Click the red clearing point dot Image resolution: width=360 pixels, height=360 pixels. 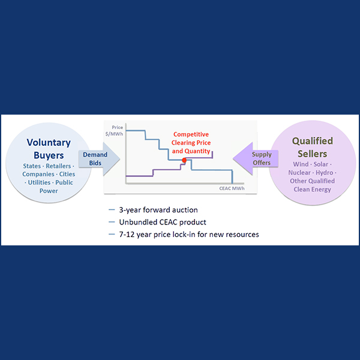(184, 160)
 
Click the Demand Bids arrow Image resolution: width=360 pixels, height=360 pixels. (96, 159)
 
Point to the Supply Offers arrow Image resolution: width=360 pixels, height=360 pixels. (259, 159)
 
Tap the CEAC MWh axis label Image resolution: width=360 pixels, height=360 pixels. (231, 189)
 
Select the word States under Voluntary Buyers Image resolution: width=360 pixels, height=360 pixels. (33, 166)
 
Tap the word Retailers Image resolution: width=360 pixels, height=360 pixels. (62, 166)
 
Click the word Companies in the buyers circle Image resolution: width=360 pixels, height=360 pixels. (39, 174)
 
